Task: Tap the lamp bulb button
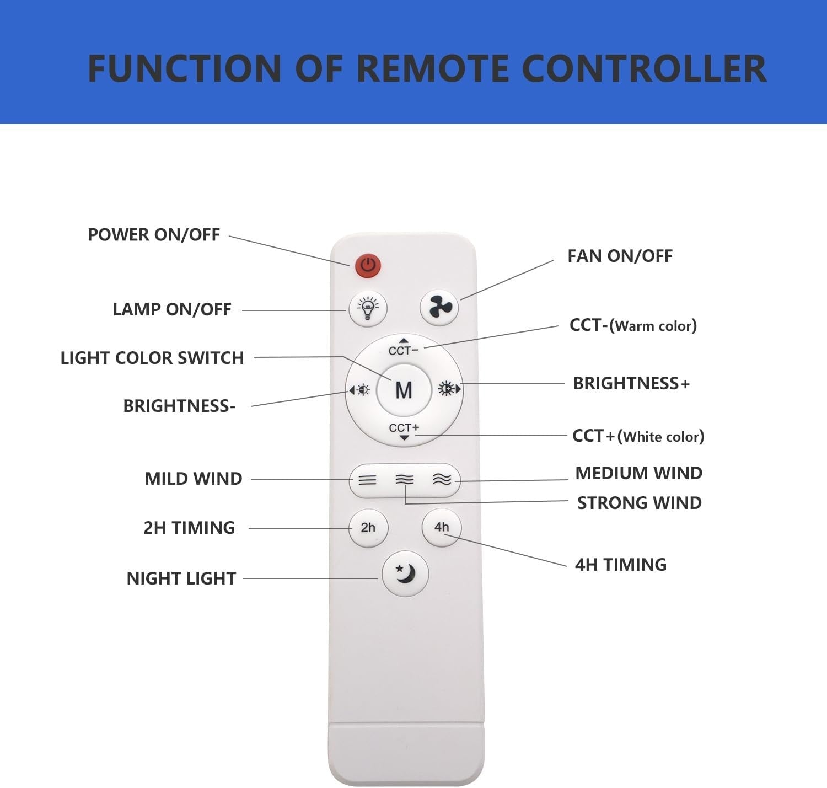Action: [368, 309]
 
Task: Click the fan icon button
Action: [439, 307]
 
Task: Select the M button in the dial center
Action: [404, 390]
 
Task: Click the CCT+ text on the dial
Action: [404, 428]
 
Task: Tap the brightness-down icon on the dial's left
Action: [359, 390]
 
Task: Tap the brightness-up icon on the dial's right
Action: [449, 389]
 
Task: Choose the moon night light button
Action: [405, 573]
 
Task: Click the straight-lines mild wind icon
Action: [367, 480]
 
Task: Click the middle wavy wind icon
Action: [405, 480]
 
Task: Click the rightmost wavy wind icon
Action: [442, 479]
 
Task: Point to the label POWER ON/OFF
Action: [153, 235]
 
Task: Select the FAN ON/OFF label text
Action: [620, 256]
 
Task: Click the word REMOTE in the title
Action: [433, 68]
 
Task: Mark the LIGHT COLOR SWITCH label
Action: [152, 358]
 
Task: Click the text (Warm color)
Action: [653, 326]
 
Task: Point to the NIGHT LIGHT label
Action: [181, 578]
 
